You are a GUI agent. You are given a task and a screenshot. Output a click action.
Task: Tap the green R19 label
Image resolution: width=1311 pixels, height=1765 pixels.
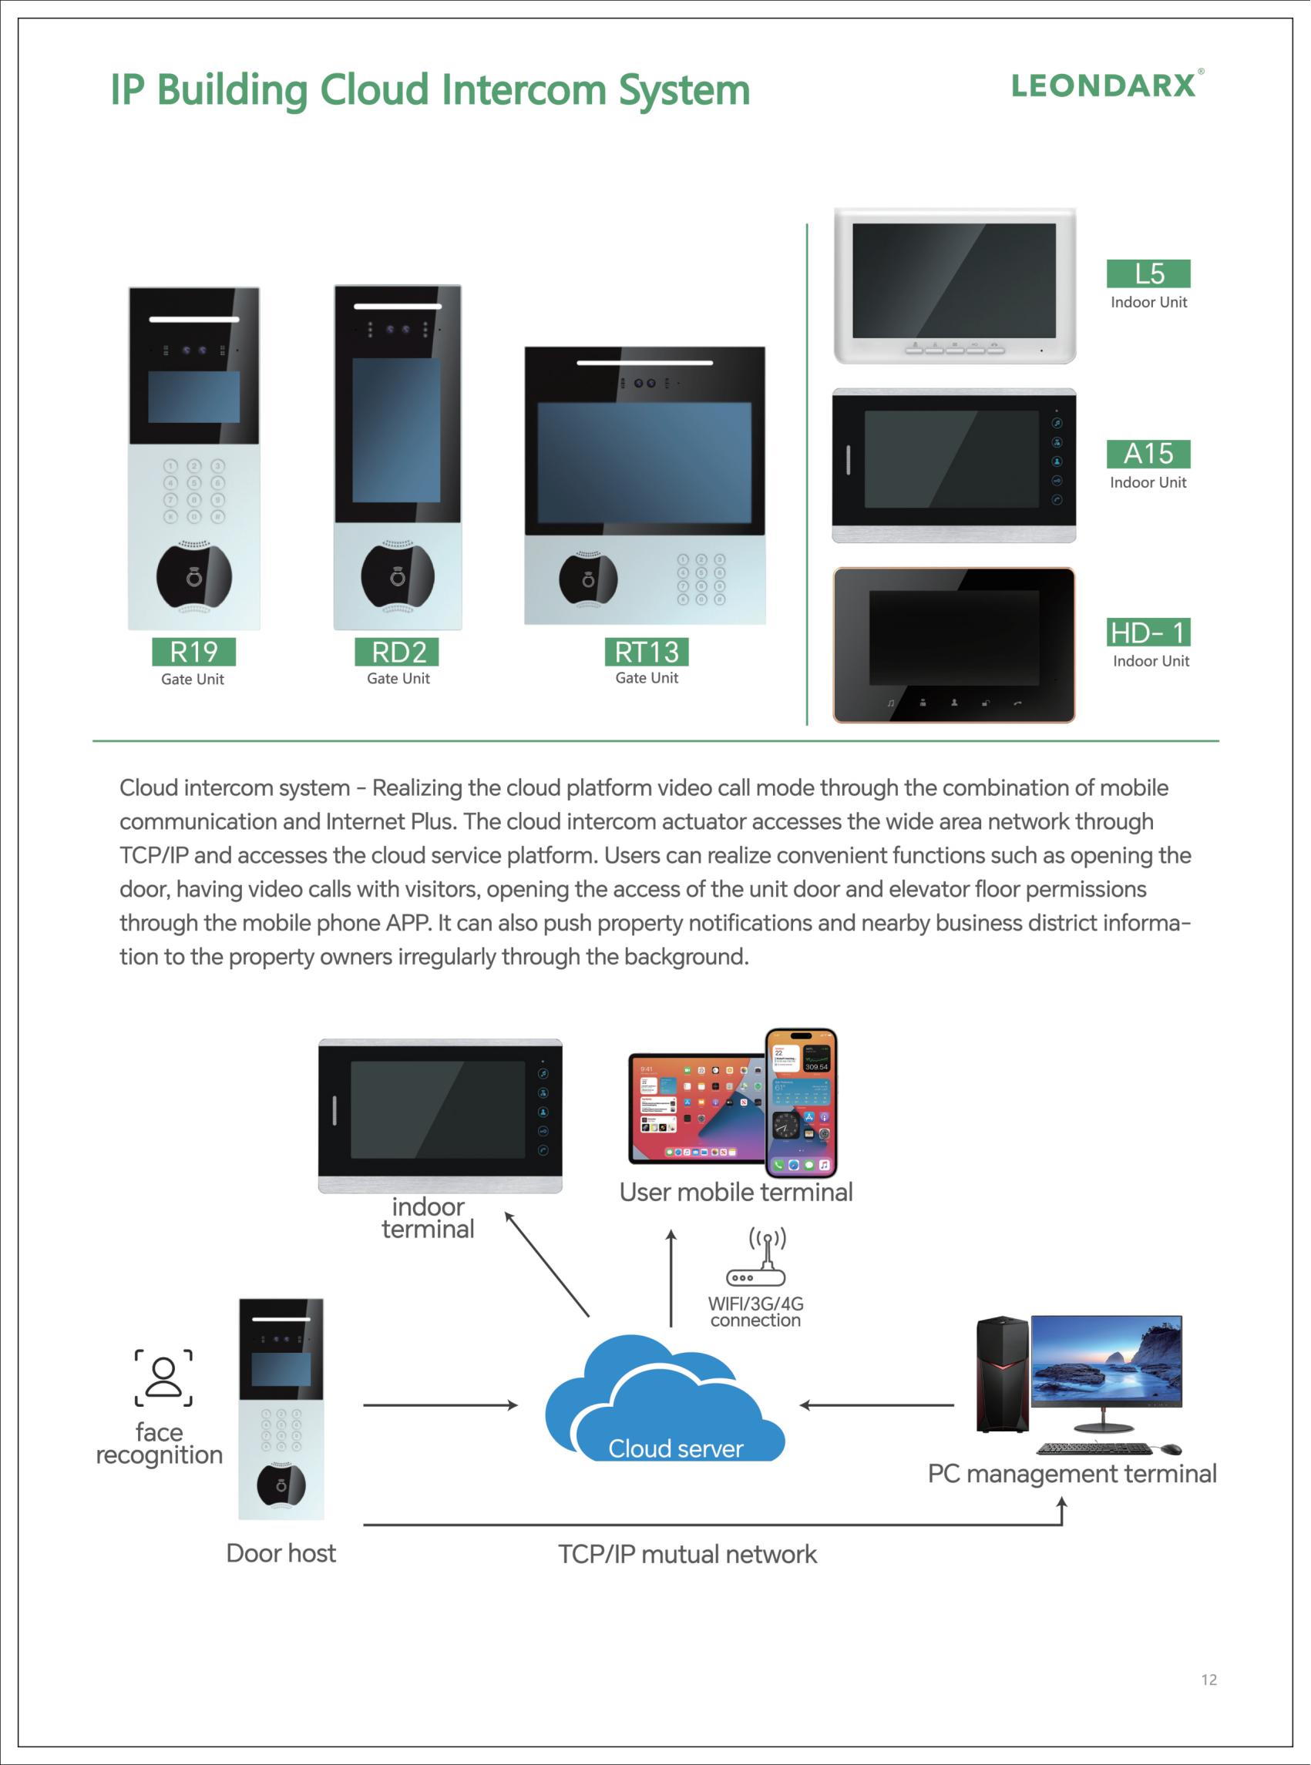click(x=193, y=652)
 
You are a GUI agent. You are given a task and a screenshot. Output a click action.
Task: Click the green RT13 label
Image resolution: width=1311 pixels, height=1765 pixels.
click(x=646, y=652)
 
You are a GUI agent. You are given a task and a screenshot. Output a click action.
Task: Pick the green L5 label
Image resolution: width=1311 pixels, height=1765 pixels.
click(x=1148, y=273)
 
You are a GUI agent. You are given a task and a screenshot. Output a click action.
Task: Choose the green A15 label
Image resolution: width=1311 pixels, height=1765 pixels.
click(x=1148, y=454)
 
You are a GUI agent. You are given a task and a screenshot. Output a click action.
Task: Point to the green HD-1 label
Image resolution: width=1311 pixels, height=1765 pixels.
click(x=1148, y=633)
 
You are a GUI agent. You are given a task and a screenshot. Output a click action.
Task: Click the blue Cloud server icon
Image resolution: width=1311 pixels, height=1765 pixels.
click(x=665, y=1399)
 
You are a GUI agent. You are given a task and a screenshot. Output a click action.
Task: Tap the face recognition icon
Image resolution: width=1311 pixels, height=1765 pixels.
click(x=163, y=1378)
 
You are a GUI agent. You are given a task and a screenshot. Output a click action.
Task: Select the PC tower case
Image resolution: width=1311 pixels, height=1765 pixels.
click(x=1001, y=1374)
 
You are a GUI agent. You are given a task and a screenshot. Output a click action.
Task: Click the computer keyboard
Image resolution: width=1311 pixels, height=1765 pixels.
click(x=1094, y=1449)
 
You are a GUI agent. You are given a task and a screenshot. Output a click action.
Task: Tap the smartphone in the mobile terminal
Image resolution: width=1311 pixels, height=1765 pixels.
click(x=802, y=1102)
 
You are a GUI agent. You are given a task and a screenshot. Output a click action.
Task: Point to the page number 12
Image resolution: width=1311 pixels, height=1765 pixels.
click(x=1208, y=1679)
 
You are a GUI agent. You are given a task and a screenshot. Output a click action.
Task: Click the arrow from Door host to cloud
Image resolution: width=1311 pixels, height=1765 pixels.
click(x=440, y=1405)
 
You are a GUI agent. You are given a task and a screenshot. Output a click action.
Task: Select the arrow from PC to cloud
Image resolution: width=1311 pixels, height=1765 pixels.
click(x=877, y=1405)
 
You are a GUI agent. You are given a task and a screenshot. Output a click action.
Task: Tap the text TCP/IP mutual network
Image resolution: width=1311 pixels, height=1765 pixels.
click(x=687, y=1554)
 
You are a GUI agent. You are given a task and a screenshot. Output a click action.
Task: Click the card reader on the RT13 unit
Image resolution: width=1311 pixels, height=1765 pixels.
click(x=588, y=579)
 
